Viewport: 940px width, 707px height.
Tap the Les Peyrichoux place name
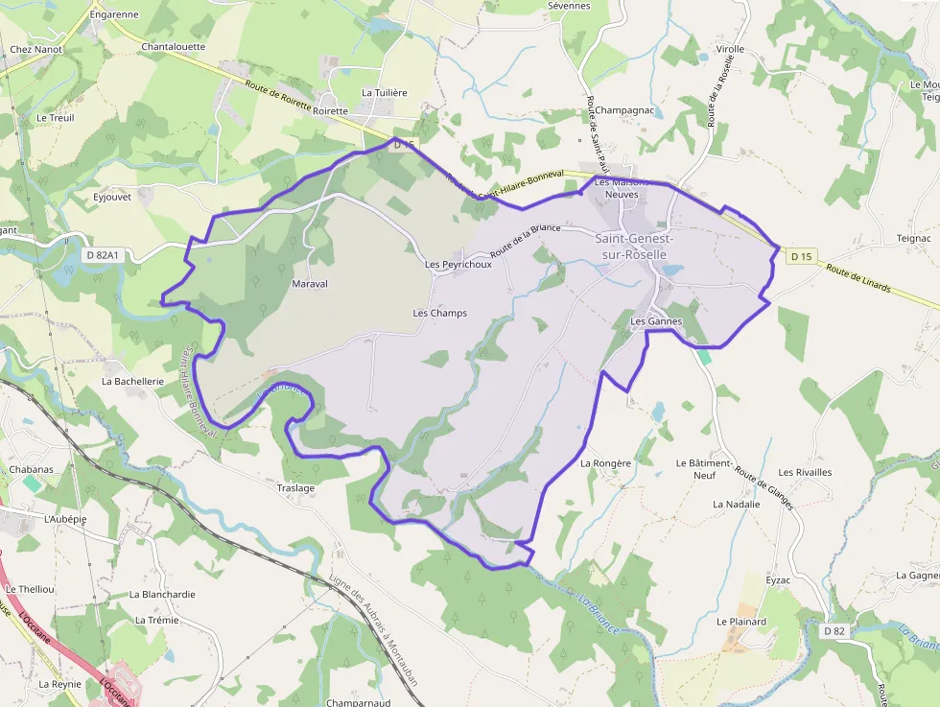[x=458, y=265]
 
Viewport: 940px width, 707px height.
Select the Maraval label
[x=310, y=284]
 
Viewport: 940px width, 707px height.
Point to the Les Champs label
[x=440, y=314]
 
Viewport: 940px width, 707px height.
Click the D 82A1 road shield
[x=102, y=255]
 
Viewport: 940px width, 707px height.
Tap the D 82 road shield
[x=834, y=630]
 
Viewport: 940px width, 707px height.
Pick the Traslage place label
[x=295, y=487]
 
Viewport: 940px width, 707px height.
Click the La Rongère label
[x=606, y=463]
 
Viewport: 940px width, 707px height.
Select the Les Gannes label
[x=656, y=321]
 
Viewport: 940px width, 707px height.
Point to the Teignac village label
[x=913, y=238]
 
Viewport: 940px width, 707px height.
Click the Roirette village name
[x=331, y=110]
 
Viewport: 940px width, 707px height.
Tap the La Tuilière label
[x=385, y=93]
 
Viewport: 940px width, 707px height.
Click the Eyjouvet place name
[x=112, y=197]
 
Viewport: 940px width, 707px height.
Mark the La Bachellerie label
[x=133, y=381]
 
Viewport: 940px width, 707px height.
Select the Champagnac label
[x=624, y=110]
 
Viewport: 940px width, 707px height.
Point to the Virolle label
[x=730, y=49]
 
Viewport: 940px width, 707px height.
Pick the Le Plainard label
[x=741, y=622]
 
